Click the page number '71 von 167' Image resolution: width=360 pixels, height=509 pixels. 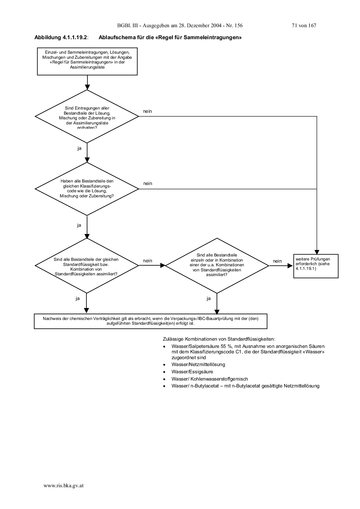click(x=304, y=26)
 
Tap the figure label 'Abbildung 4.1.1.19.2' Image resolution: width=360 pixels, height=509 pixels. click(x=61, y=37)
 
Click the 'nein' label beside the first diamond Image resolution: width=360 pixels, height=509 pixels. click(x=147, y=111)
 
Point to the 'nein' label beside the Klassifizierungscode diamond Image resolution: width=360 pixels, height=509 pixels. click(x=148, y=183)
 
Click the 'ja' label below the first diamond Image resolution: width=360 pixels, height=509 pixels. click(x=79, y=148)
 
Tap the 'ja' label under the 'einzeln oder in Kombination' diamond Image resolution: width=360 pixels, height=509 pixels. click(x=209, y=299)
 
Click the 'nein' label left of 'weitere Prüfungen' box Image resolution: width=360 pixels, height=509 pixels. click(x=277, y=261)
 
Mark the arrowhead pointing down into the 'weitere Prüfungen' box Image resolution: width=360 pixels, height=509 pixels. click(x=317, y=252)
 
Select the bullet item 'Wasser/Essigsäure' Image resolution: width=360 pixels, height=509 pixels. click(x=192, y=372)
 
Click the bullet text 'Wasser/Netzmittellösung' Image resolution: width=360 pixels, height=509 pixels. click(x=198, y=365)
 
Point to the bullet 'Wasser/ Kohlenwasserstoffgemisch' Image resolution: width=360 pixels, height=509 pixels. click(x=210, y=379)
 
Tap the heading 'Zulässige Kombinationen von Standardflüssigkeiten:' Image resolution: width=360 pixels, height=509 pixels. click(x=219, y=339)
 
